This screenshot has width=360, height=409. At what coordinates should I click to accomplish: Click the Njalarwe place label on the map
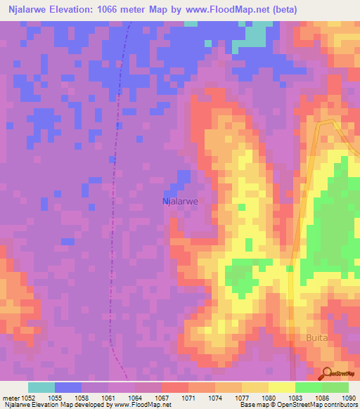pyautogui.click(x=180, y=201)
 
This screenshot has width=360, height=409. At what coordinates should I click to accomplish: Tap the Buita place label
pyautogui.click(x=316, y=338)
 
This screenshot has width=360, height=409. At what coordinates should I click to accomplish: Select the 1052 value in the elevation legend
pyautogui.click(x=28, y=398)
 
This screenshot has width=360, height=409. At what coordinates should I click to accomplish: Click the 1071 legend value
pyautogui.click(x=188, y=398)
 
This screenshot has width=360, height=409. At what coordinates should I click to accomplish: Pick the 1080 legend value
pyautogui.click(x=269, y=398)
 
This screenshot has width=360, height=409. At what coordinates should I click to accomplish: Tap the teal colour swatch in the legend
pyautogui.click(x=41, y=387)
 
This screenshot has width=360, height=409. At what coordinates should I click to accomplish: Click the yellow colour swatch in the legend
pyautogui.click(x=282, y=387)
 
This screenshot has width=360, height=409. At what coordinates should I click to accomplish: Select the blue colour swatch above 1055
pyautogui.click(x=68, y=387)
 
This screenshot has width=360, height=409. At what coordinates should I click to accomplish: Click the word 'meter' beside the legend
pyautogui.click(x=11, y=398)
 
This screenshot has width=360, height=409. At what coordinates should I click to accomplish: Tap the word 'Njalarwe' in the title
pyautogui.click(x=28, y=10)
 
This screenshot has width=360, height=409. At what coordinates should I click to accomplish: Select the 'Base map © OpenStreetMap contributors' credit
pyautogui.click(x=298, y=405)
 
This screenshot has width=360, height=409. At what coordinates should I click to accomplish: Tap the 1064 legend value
pyautogui.click(x=135, y=398)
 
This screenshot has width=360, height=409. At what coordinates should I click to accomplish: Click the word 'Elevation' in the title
pyautogui.click(x=75, y=10)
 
